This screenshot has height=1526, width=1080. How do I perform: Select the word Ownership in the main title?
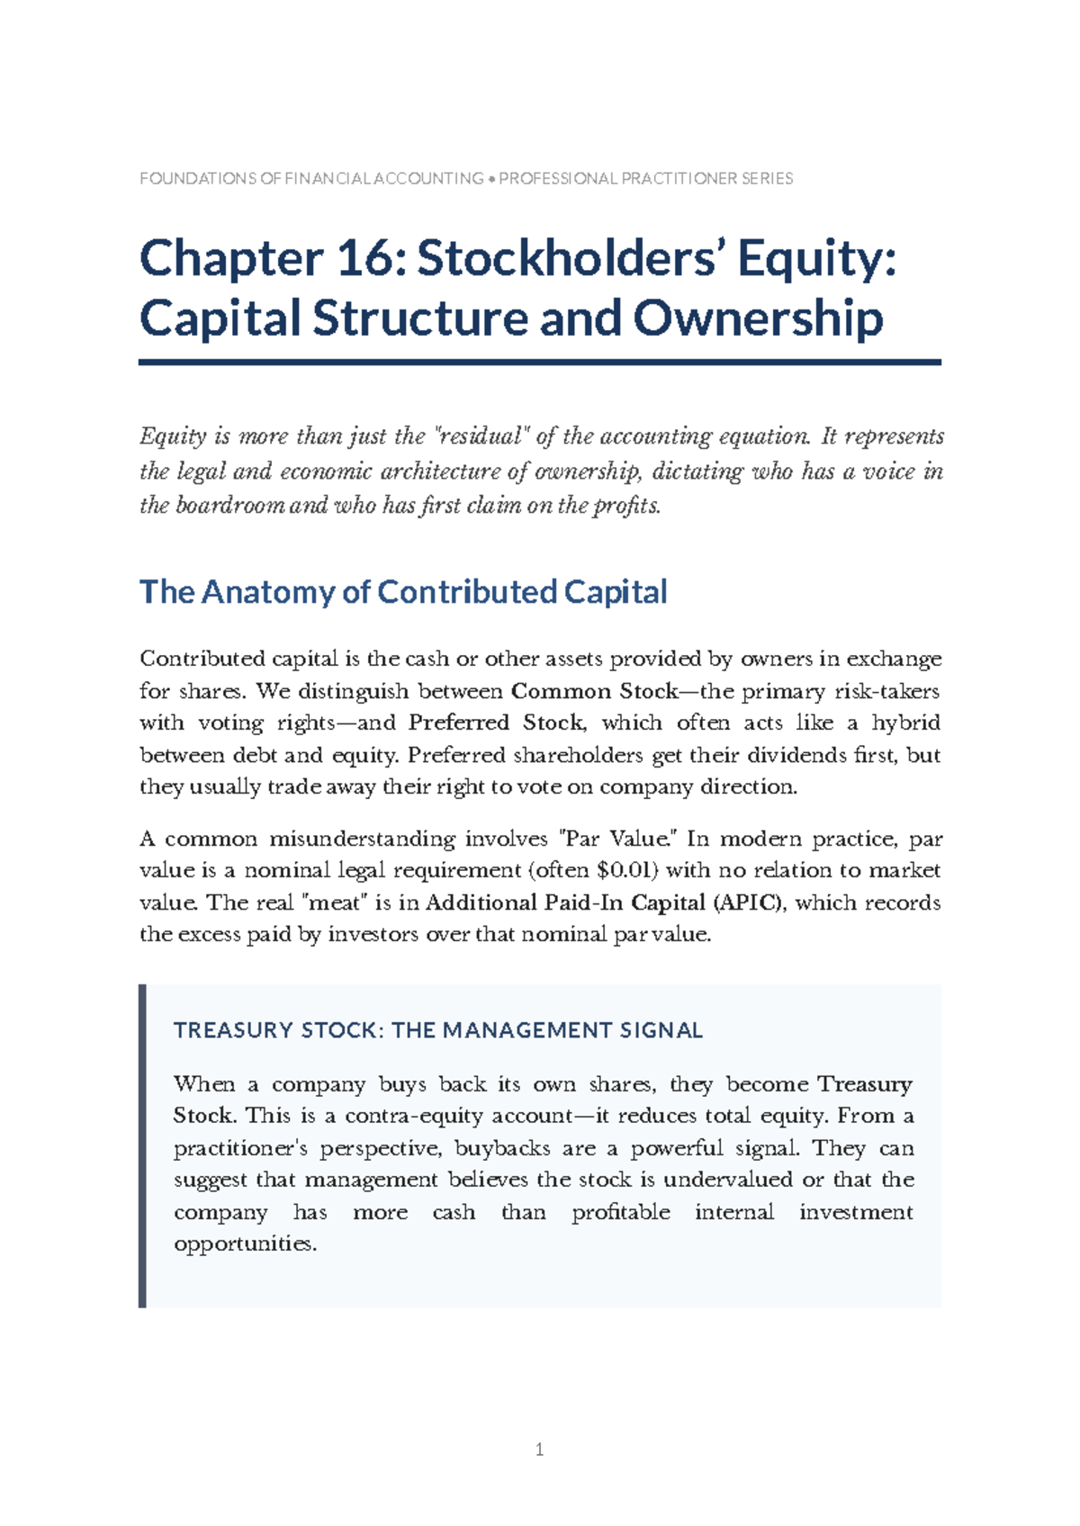coord(758,319)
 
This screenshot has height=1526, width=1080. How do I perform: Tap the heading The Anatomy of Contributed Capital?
coord(403,592)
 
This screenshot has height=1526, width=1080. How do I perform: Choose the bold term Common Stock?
coord(594,691)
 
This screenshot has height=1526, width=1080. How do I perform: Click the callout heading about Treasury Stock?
coord(437,1030)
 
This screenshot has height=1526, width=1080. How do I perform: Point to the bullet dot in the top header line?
coord(491,179)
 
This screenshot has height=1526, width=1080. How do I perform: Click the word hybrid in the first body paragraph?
coord(905,723)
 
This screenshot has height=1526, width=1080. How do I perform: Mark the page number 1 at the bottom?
coord(539,1450)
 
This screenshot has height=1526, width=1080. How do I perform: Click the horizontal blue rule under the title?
coord(539,362)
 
